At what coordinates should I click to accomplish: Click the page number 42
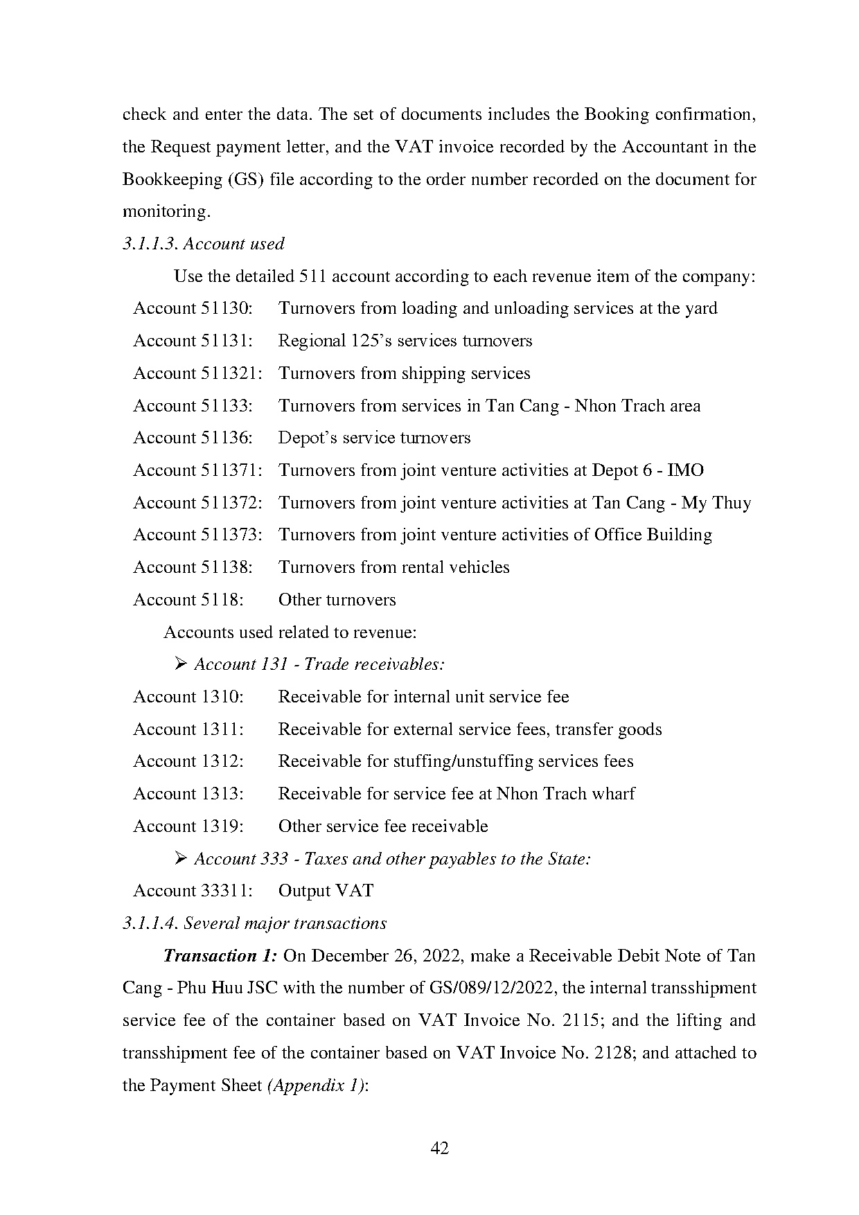(439, 1149)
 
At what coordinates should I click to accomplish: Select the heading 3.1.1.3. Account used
(203, 244)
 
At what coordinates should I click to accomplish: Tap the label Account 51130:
(193, 308)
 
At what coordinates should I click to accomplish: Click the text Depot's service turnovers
(374, 438)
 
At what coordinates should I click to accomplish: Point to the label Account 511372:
(197, 503)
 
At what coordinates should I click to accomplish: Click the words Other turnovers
(337, 600)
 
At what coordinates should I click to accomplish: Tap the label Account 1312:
(188, 761)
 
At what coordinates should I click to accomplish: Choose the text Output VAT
(326, 891)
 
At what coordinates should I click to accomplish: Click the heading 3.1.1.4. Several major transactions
(254, 923)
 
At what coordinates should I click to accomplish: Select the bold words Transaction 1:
(220, 956)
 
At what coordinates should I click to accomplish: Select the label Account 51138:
(193, 567)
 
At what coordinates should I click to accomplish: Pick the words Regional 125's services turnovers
(405, 341)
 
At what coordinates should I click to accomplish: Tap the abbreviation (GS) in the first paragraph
(243, 179)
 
